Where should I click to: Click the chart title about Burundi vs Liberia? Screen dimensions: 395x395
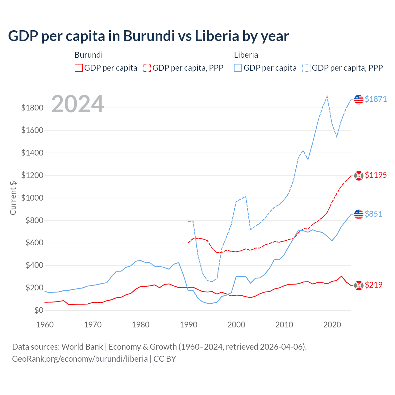point(148,36)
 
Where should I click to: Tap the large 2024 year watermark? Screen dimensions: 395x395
point(77,104)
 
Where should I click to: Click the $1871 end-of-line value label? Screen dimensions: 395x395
point(376,99)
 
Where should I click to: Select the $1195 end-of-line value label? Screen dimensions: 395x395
point(376,175)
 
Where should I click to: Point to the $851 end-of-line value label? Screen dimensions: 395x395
point(373,214)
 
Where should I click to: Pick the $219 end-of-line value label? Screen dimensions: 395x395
point(373,285)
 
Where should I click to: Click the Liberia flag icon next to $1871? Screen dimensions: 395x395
point(359,99)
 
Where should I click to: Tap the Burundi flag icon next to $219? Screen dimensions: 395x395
point(359,285)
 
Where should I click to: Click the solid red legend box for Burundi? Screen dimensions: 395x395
point(79,68)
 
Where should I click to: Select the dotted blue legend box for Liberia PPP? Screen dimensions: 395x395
point(306,68)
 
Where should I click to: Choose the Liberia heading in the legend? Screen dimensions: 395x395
point(246,55)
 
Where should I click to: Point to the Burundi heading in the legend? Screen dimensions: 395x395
point(89,55)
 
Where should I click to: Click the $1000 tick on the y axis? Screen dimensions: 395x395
point(32,198)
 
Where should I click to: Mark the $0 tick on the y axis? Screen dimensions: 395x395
point(39,310)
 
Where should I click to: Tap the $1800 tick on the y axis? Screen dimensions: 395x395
point(32,108)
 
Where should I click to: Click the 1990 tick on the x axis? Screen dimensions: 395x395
point(188,325)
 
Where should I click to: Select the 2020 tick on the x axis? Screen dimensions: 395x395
point(332,325)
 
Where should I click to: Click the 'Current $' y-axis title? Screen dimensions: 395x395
point(13,198)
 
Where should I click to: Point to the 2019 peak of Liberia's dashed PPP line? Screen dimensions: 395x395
point(327,96)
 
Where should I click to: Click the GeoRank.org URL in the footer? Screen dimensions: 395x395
point(80,359)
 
